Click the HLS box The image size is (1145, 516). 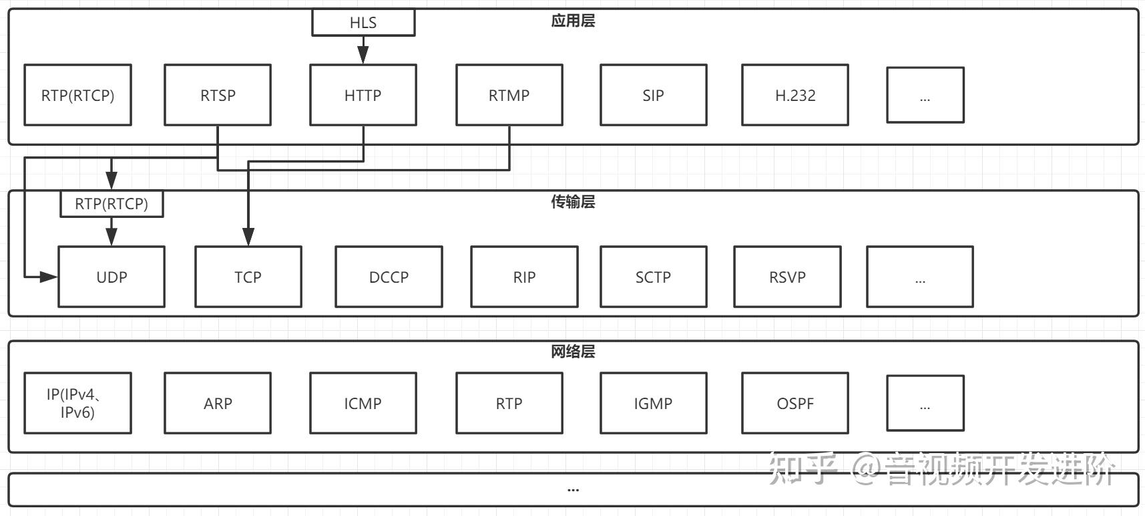(x=363, y=22)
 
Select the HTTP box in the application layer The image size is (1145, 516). (x=363, y=95)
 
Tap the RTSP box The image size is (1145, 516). (x=218, y=95)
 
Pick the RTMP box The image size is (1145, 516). (x=509, y=95)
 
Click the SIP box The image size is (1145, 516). (x=654, y=95)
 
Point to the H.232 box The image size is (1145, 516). (x=795, y=95)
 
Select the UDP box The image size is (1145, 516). (x=111, y=277)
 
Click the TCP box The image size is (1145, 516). (x=248, y=277)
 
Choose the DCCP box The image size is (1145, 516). (x=389, y=277)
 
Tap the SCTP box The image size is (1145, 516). (x=654, y=277)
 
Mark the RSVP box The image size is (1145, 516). (x=788, y=277)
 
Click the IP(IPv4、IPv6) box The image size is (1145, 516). (x=77, y=403)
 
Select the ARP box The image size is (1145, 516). (x=218, y=403)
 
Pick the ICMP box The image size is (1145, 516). (x=363, y=403)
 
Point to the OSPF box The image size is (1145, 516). (x=795, y=403)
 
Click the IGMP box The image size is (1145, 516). (x=654, y=403)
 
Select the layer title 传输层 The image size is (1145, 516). (x=573, y=202)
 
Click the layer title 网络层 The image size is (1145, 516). (x=573, y=352)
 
